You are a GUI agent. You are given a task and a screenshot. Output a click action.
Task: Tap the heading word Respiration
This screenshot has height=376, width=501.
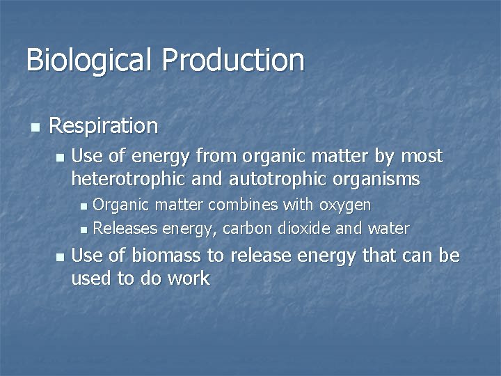104,126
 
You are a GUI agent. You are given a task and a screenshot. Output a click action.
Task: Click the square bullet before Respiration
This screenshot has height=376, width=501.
34,127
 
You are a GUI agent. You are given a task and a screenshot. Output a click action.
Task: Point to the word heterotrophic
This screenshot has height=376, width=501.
122,180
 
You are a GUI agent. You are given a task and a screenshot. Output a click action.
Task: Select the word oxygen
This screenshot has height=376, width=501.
345,205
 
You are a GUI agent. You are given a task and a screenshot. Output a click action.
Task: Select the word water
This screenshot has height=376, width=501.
390,228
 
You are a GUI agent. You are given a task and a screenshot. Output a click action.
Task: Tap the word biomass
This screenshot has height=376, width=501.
168,256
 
